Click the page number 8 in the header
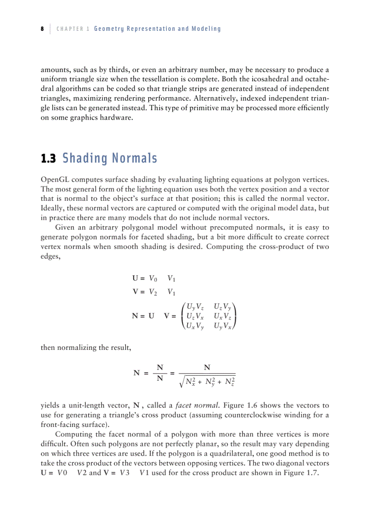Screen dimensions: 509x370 (42, 29)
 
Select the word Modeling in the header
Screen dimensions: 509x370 (206, 29)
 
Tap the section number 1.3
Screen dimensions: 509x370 (48, 159)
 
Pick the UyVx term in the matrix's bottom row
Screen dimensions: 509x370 (223, 325)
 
